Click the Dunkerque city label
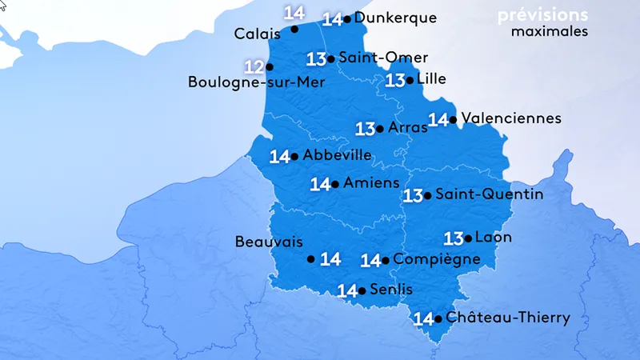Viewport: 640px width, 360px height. pos(395,18)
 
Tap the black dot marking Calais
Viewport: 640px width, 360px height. pos(294,29)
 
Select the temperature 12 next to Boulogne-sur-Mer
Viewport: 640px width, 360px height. pos(254,66)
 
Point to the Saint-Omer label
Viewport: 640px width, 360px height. pos(383,58)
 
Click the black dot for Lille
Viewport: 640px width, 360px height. pos(410,79)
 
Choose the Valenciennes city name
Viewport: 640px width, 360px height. pos(511,118)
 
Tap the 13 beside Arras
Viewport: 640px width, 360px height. pos(366,128)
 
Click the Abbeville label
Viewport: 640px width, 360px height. pos(338,155)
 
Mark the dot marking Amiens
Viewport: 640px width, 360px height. pos(334,184)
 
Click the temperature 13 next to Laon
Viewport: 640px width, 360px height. pos(454,238)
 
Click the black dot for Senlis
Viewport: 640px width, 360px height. pos(362,290)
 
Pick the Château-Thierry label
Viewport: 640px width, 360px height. pos(508,318)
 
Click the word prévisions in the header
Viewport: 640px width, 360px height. pos(542,15)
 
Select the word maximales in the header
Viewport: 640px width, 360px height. pos(550,32)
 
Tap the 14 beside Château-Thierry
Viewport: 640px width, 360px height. pos(423,319)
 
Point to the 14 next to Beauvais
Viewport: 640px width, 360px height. pos(330,259)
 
